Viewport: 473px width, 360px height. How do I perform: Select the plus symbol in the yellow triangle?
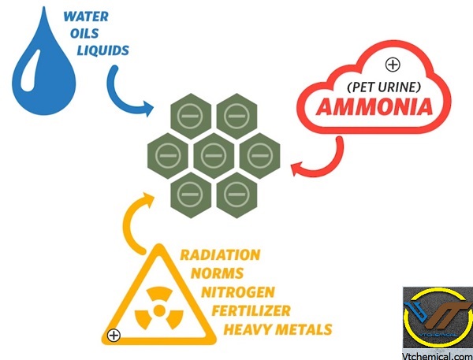(114, 335)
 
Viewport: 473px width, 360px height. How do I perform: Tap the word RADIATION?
(220, 254)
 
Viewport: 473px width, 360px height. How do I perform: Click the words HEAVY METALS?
(278, 328)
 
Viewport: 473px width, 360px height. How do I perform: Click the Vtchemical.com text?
(436, 352)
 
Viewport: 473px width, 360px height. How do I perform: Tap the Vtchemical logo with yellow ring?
(437, 315)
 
